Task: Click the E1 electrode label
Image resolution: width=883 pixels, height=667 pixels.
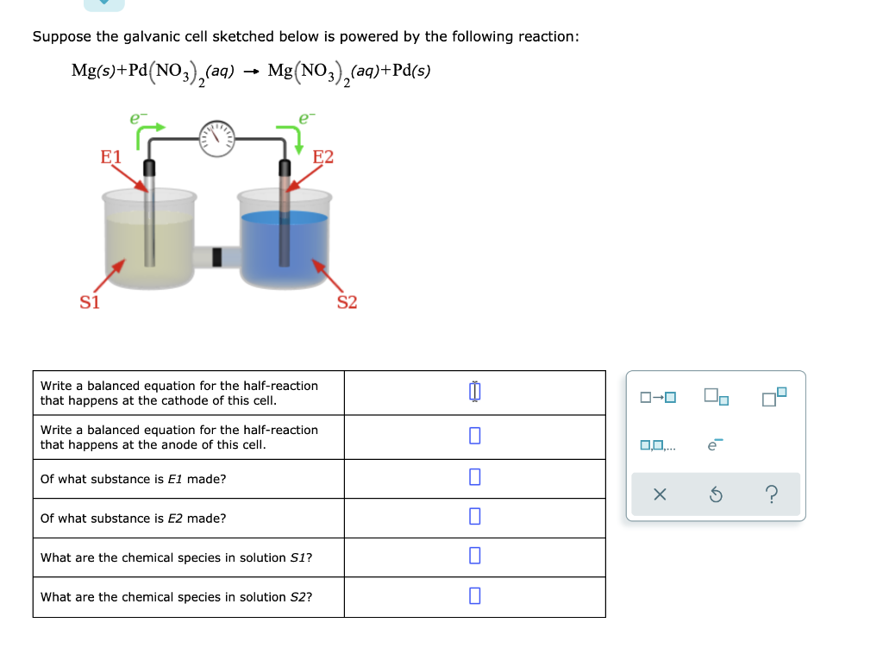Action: tap(111, 157)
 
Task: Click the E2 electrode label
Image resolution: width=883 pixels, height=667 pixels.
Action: tap(323, 157)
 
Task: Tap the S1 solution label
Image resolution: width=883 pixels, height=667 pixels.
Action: tap(90, 302)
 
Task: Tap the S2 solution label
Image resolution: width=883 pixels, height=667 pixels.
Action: tap(347, 302)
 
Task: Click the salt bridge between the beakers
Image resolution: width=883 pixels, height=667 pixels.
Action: tap(216, 256)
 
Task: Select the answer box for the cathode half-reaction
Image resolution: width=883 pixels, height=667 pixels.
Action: tap(474, 393)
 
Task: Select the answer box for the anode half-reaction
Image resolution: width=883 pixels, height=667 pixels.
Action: tap(474, 437)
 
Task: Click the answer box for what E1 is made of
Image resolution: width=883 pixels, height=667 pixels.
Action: tap(474, 478)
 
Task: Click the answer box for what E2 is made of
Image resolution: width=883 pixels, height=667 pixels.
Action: tap(474, 518)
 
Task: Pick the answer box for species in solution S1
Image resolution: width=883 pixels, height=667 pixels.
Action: tap(474, 557)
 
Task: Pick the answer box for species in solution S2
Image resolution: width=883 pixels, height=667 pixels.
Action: tap(474, 596)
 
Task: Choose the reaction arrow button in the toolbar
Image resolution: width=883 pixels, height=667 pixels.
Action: tap(658, 398)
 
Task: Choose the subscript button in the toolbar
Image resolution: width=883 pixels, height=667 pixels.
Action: tap(716, 397)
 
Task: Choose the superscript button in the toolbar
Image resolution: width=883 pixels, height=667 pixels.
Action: tap(774, 397)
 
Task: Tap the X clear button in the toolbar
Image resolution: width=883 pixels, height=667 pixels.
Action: tap(660, 494)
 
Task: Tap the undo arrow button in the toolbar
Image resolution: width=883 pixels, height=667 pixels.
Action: tap(716, 494)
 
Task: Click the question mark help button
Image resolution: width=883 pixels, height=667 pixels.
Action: tap(772, 494)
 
